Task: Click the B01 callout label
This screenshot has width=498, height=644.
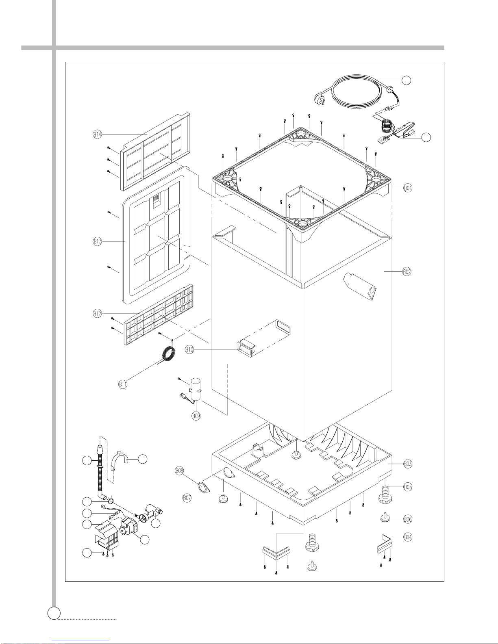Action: tap(408, 188)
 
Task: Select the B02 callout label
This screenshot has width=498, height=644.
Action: tap(407, 272)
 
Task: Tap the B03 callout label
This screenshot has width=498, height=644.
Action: tap(408, 464)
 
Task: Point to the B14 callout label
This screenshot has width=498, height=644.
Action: tap(97, 135)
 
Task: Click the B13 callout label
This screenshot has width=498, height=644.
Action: tap(97, 241)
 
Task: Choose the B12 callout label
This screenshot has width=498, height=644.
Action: tap(97, 314)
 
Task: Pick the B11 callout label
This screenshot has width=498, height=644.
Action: tap(123, 384)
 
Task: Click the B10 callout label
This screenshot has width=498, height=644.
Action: tap(189, 349)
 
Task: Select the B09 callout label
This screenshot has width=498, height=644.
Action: tap(196, 416)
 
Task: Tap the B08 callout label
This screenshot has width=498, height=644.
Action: tap(179, 471)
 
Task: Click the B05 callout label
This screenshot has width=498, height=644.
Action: tap(408, 487)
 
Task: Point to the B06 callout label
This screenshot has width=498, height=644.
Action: tap(408, 519)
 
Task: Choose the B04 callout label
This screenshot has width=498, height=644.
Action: tap(408, 537)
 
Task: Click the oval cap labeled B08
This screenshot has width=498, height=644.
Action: tap(203, 487)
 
